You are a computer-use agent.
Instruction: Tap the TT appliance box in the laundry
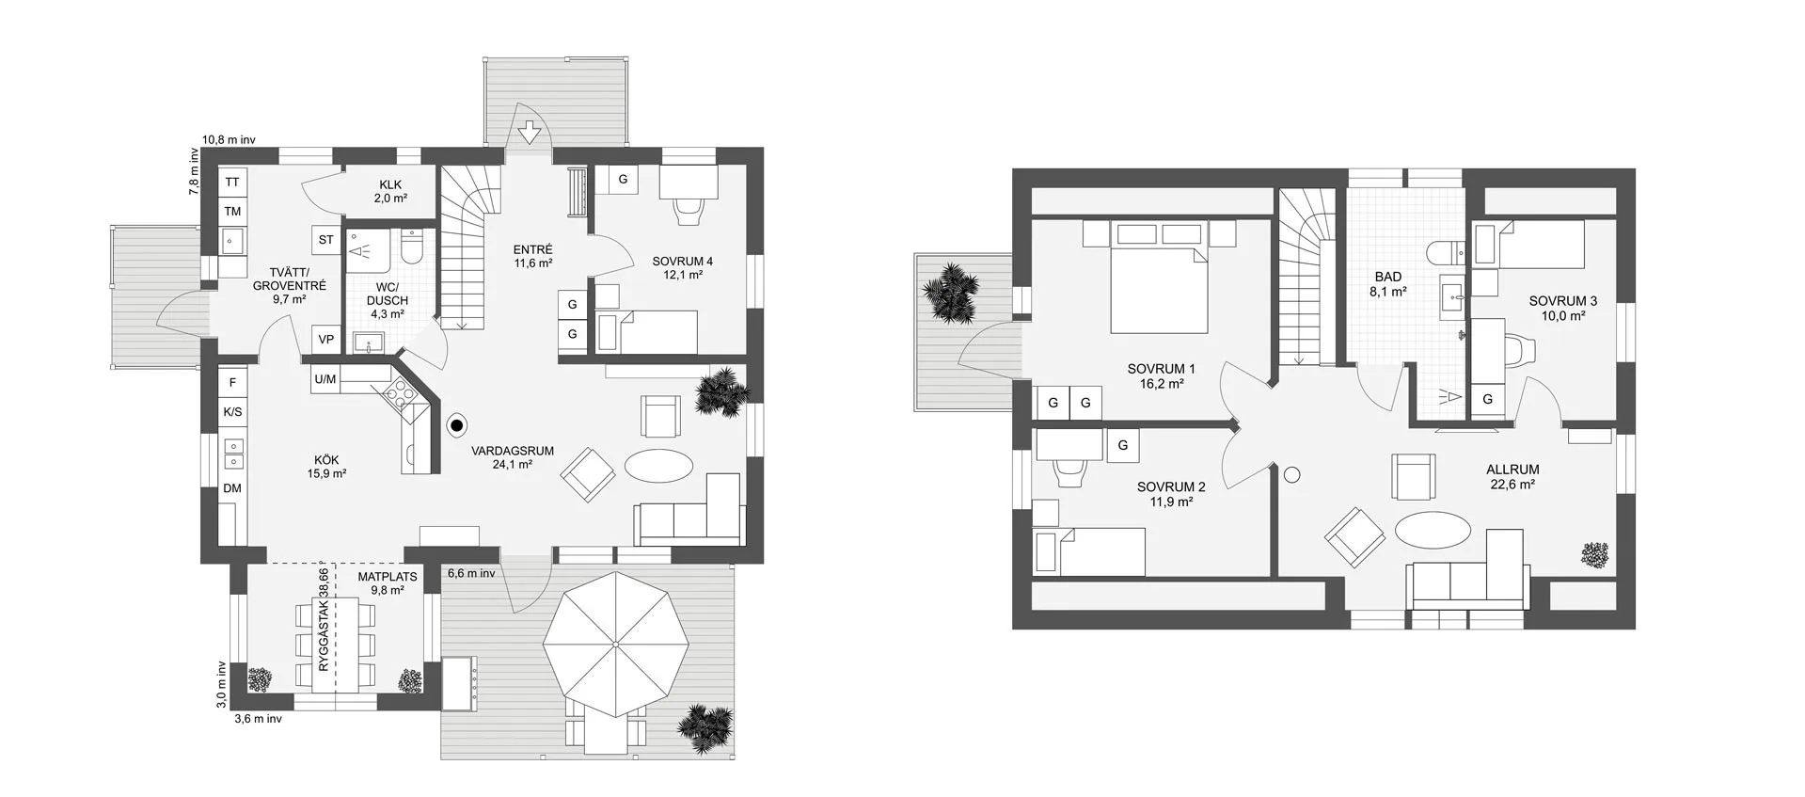click(x=231, y=183)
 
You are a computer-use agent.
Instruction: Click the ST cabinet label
click(x=325, y=240)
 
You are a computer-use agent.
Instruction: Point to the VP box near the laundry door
click(x=326, y=340)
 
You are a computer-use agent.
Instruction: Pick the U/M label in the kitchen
click(x=325, y=380)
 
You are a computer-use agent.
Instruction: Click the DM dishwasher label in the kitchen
click(x=231, y=488)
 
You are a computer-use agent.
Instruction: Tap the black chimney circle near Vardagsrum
click(x=458, y=426)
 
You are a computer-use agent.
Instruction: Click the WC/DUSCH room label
click(x=388, y=300)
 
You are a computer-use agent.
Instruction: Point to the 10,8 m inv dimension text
click(x=230, y=139)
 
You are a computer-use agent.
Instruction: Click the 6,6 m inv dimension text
click(x=471, y=572)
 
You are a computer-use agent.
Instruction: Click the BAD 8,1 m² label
click(x=1388, y=284)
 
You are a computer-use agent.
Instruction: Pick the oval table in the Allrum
click(x=1431, y=529)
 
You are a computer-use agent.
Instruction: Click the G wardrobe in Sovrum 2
click(x=1123, y=446)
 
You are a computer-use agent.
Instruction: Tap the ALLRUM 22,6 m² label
click(x=1512, y=477)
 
